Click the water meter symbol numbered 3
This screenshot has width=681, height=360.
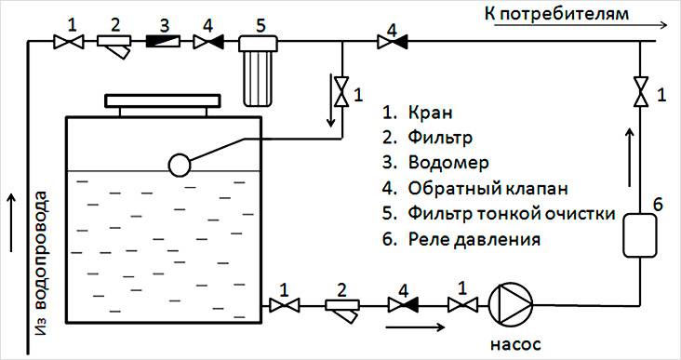coord(165,42)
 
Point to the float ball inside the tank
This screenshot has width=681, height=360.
coord(179,164)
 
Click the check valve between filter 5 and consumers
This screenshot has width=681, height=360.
coord(385,42)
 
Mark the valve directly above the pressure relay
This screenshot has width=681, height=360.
coord(637,93)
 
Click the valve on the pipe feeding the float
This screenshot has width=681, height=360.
coord(343,92)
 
